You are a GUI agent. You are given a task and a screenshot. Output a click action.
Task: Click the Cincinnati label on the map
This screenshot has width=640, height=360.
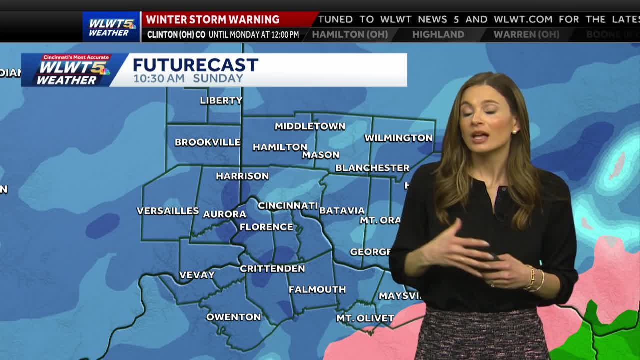click(x=288, y=206)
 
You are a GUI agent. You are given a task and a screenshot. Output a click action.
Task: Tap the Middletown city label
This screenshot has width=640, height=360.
click(x=310, y=126)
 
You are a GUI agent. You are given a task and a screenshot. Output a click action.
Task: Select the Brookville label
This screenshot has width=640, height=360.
click(x=207, y=142)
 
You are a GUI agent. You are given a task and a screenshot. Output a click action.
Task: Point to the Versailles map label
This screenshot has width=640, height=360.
click(x=168, y=211)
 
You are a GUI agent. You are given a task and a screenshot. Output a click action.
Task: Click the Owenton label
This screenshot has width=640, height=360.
click(x=233, y=317)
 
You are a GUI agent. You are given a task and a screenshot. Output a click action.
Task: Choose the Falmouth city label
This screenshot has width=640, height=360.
click(x=317, y=289)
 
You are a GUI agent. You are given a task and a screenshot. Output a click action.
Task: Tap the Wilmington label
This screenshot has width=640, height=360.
click(x=398, y=138)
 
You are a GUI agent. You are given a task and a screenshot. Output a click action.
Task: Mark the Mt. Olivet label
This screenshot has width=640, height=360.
click(x=365, y=318)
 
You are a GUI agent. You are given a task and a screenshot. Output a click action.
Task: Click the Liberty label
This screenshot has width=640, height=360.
click(x=221, y=100)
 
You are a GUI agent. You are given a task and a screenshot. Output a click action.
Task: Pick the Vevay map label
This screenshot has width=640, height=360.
click(x=197, y=275)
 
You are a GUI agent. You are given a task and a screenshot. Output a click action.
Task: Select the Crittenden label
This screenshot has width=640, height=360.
click(x=272, y=268)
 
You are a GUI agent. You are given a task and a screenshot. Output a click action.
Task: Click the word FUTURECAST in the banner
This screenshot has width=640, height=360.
click(x=195, y=65)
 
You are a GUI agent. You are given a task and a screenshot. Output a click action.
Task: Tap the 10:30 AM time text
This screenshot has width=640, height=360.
click(x=159, y=78)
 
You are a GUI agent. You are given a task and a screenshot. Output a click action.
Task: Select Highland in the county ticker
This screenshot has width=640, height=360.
click(x=438, y=34)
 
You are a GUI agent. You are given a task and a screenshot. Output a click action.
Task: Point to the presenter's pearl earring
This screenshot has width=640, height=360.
click(x=513, y=131)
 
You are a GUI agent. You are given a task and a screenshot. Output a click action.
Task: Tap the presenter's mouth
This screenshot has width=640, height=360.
click(x=479, y=136)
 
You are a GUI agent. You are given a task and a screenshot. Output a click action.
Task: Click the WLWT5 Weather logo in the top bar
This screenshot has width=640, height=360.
click(x=111, y=27)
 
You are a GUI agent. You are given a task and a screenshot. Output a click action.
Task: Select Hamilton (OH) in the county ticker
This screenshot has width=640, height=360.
click(x=350, y=34)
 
